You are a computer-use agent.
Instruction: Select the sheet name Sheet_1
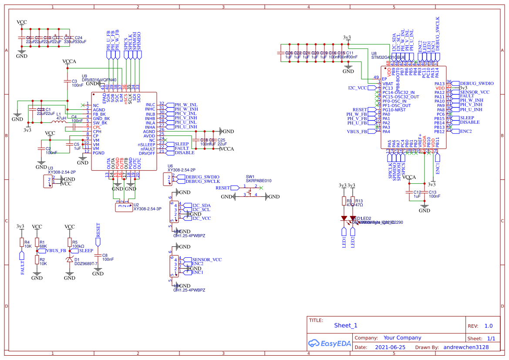[346, 325]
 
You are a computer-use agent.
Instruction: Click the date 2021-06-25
[390, 347]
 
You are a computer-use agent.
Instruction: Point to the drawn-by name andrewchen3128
[466, 347]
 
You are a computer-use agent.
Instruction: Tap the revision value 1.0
[489, 326]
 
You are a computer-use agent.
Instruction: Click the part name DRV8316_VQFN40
[99, 80]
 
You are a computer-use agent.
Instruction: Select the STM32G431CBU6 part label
[388, 57]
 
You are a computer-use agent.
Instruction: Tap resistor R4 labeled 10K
[21, 242]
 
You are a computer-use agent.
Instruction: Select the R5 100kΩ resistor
[69, 242]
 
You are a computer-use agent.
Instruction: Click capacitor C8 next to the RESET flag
[98, 255]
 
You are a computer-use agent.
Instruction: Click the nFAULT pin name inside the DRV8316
[147, 148]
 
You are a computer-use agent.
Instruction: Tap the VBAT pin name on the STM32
[388, 84]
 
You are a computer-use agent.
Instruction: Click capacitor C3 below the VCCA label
[67, 81]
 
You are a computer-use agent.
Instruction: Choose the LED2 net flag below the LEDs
[353, 241]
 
